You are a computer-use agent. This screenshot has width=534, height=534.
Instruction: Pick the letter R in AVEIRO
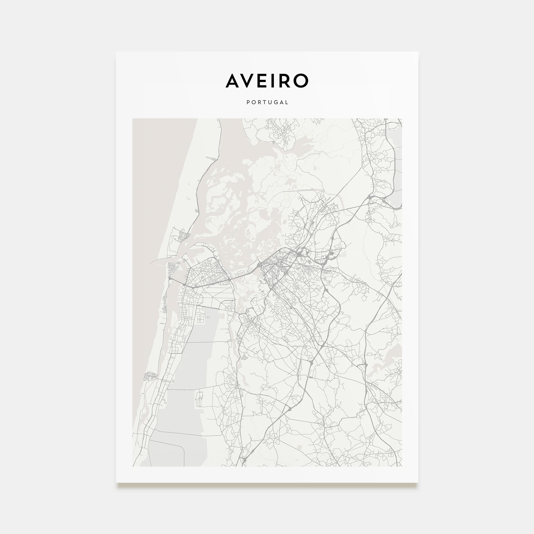[x=286, y=81]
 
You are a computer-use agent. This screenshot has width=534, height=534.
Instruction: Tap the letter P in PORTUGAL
[x=248, y=102]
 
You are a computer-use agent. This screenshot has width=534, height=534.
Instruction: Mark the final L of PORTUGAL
[x=287, y=102]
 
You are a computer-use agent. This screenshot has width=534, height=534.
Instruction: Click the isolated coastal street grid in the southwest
[x=150, y=376]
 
